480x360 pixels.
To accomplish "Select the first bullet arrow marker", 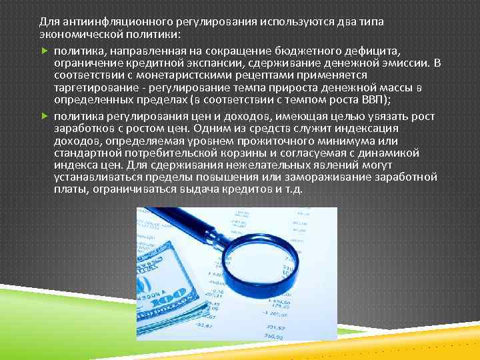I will click(x=44, y=51).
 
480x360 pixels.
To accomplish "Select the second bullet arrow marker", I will click(x=44, y=116).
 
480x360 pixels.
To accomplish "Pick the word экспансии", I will click(x=214, y=63).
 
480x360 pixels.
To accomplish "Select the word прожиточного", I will click(x=257, y=141).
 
